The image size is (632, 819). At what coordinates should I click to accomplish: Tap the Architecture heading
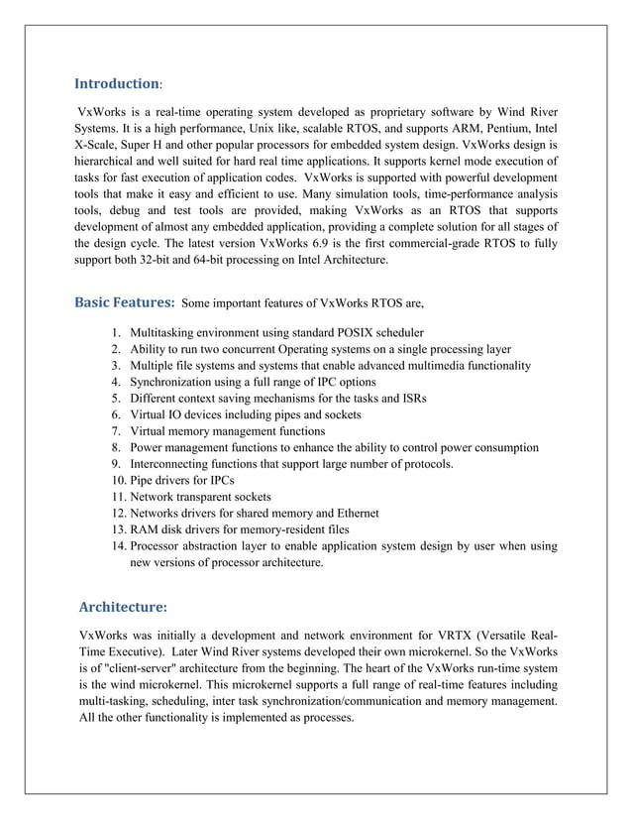click(123, 605)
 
